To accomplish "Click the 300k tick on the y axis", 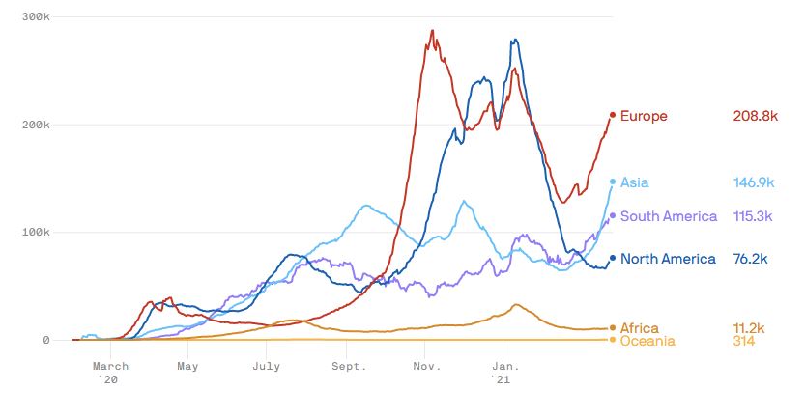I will [37, 17].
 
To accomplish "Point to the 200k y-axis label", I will [37, 125].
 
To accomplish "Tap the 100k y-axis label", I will [37, 233].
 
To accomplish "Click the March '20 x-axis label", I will [110, 373].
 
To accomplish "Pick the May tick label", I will [188, 367].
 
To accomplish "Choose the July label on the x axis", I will [267, 367].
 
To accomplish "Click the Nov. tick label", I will [426, 367].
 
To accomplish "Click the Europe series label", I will [644, 116].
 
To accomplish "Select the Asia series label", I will [635, 182].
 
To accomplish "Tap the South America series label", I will [669, 216].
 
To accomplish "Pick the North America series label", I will [668, 259].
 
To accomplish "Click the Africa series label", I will [639, 328].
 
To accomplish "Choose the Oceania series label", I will [647, 341].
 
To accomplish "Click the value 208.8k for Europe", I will [756, 116].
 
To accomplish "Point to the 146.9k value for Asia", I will [755, 182].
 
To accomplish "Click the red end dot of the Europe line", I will [613, 115].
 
